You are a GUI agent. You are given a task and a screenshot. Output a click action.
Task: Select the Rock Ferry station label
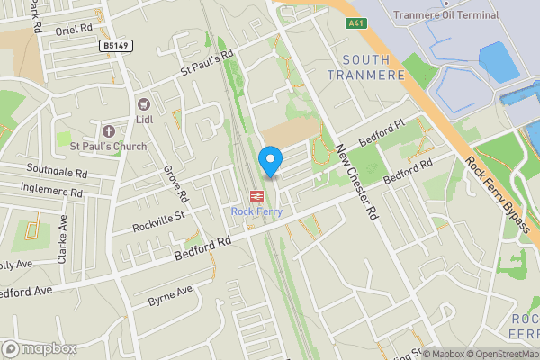point(256,212)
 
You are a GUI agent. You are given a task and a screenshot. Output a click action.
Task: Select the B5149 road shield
point(115,43)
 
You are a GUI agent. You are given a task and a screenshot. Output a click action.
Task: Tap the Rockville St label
point(157,219)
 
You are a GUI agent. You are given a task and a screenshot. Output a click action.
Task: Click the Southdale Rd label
point(57,171)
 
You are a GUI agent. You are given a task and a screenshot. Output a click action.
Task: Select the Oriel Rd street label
point(74,28)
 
